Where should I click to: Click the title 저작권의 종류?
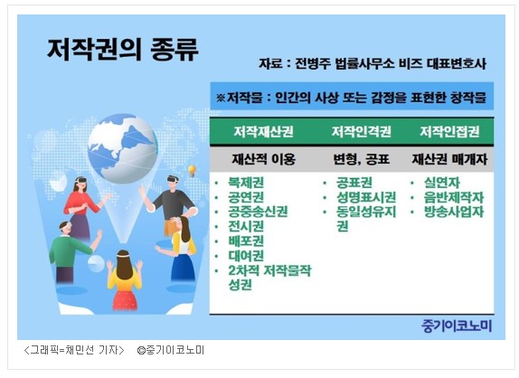click(123, 50)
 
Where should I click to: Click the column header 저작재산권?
click(263, 132)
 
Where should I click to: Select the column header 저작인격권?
click(362, 132)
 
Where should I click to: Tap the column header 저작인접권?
click(449, 132)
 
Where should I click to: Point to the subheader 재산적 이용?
click(263, 159)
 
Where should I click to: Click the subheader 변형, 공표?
click(361, 159)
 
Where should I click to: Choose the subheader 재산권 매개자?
click(449, 159)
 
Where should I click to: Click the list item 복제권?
click(246, 183)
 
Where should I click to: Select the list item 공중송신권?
click(258, 212)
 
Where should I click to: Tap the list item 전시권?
click(246, 226)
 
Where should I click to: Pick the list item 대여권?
click(246, 256)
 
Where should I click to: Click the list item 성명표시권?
click(366, 197)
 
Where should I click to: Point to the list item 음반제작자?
click(454, 197)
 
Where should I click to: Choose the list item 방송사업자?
click(454, 212)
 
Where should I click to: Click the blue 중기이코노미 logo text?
click(457, 326)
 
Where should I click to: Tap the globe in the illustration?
click(122, 148)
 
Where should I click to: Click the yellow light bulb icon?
click(192, 171)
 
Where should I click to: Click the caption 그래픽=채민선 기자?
click(74, 350)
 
